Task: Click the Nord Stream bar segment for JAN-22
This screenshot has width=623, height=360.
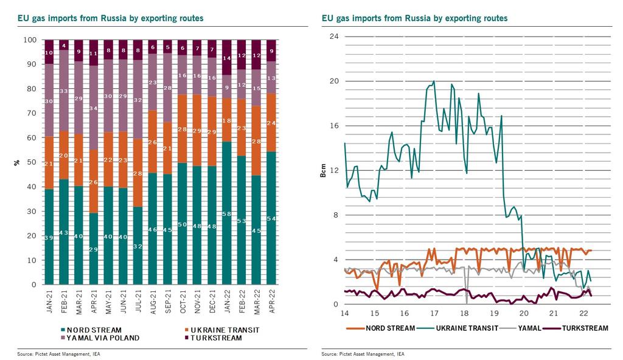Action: coord(227,213)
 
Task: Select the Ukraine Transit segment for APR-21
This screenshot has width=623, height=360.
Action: coord(93,182)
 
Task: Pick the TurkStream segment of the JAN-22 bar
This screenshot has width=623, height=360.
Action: coord(227,58)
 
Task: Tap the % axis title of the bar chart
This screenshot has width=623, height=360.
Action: coord(17,162)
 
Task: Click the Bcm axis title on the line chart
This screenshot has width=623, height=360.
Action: coord(325,171)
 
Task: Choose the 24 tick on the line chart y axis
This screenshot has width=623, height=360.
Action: coord(333,36)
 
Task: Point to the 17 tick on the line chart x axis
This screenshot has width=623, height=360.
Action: coord(434,314)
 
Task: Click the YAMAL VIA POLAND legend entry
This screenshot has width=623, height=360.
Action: coord(103,337)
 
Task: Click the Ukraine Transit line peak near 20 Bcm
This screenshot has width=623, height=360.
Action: coord(434,81)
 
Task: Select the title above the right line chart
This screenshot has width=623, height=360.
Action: coord(414,19)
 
